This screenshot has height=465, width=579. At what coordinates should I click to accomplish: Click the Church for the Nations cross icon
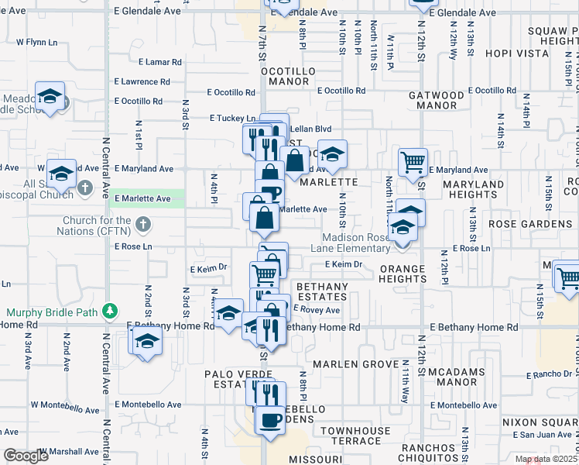[x=142, y=225]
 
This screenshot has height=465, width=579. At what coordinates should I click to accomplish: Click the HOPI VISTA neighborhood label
[x=518, y=53]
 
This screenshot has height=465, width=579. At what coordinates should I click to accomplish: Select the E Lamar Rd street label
[x=160, y=62]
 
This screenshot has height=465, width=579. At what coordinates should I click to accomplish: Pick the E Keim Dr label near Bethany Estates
[x=344, y=264]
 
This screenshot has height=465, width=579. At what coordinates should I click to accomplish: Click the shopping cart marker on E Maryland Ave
[x=413, y=161]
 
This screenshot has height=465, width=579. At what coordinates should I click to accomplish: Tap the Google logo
[x=26, y=456]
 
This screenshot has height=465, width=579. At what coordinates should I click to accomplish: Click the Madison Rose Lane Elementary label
[x=361, y=243]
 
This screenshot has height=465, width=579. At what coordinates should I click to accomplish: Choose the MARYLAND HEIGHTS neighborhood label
[x=474, y=189]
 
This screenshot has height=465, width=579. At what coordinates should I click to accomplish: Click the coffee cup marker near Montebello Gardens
[x=270, y=420]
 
